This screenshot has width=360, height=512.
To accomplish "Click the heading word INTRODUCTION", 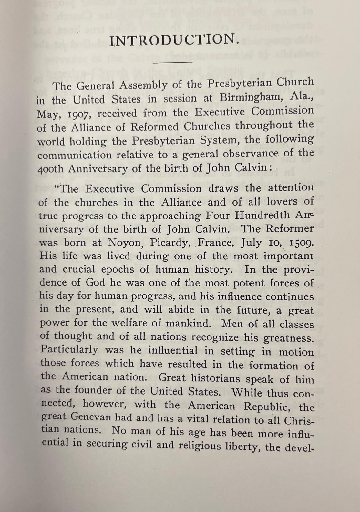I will pos(175,40).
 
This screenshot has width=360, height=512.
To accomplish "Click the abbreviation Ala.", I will pos(302,96).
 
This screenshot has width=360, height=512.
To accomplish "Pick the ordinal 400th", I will pos(51,169).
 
